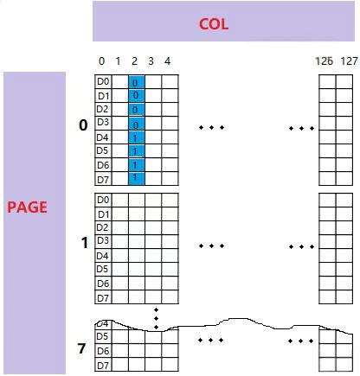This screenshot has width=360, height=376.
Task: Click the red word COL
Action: coord(214,24)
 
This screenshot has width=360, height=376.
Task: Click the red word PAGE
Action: coord(27,207)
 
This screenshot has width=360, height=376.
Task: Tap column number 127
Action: coord(349,61)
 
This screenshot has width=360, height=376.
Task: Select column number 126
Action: coord(325,61)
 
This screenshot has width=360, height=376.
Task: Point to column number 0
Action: coord(101,61)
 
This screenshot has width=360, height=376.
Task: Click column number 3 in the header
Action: coord(151,61)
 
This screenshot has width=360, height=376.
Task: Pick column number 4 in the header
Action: coord(167,61)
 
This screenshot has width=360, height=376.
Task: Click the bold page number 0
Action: coord(83,125)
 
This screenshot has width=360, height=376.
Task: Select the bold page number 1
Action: coord(84,243)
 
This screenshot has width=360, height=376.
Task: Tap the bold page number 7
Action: coord(81,348)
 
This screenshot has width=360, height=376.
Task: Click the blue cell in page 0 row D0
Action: coord(137,82)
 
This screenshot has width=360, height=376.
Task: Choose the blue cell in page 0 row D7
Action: coord(137,178)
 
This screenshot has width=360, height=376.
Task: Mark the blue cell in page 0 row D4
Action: coord(137,137)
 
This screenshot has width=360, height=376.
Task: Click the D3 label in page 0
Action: coord(103,122)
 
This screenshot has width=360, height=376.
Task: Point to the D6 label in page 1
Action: coord(103,284)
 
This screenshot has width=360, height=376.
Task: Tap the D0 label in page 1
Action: coord(103,200)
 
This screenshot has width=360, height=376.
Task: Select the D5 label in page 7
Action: coord(102,336)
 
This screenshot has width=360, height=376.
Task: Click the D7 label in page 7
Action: coord(103,366)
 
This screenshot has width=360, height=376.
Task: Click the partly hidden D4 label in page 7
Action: coord(102,324)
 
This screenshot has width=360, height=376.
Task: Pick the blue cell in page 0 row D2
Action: coord(137,110)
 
